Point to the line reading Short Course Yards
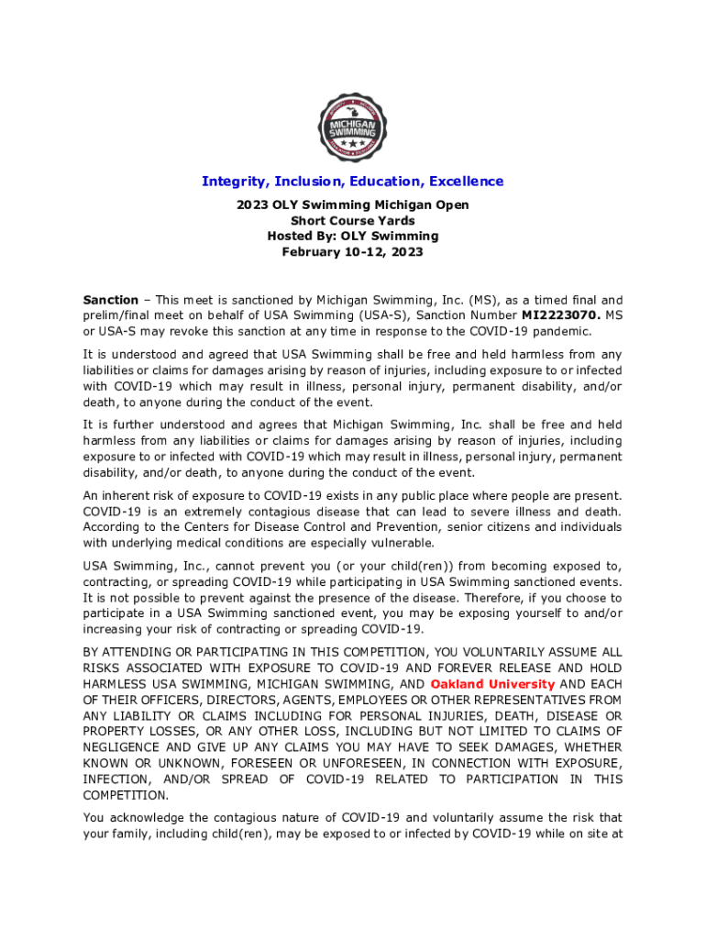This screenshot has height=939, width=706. click(352, 221)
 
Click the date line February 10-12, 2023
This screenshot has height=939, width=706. click(352, 252)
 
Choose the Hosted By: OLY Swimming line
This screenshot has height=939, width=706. click(352, 237)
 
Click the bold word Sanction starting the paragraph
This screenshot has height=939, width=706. click(111, 300)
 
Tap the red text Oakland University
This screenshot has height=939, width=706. click(492, 684)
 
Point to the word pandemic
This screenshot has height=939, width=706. click(565, 331)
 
